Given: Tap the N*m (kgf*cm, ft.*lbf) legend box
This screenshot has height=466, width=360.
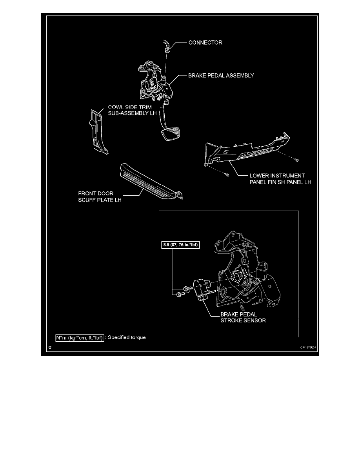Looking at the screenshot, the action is point(80,337).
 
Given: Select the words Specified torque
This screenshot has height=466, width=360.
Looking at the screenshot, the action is point(126,337).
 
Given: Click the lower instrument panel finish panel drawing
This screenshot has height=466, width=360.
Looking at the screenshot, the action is point(247,151).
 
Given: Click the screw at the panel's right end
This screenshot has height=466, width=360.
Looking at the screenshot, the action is point(298,160).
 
